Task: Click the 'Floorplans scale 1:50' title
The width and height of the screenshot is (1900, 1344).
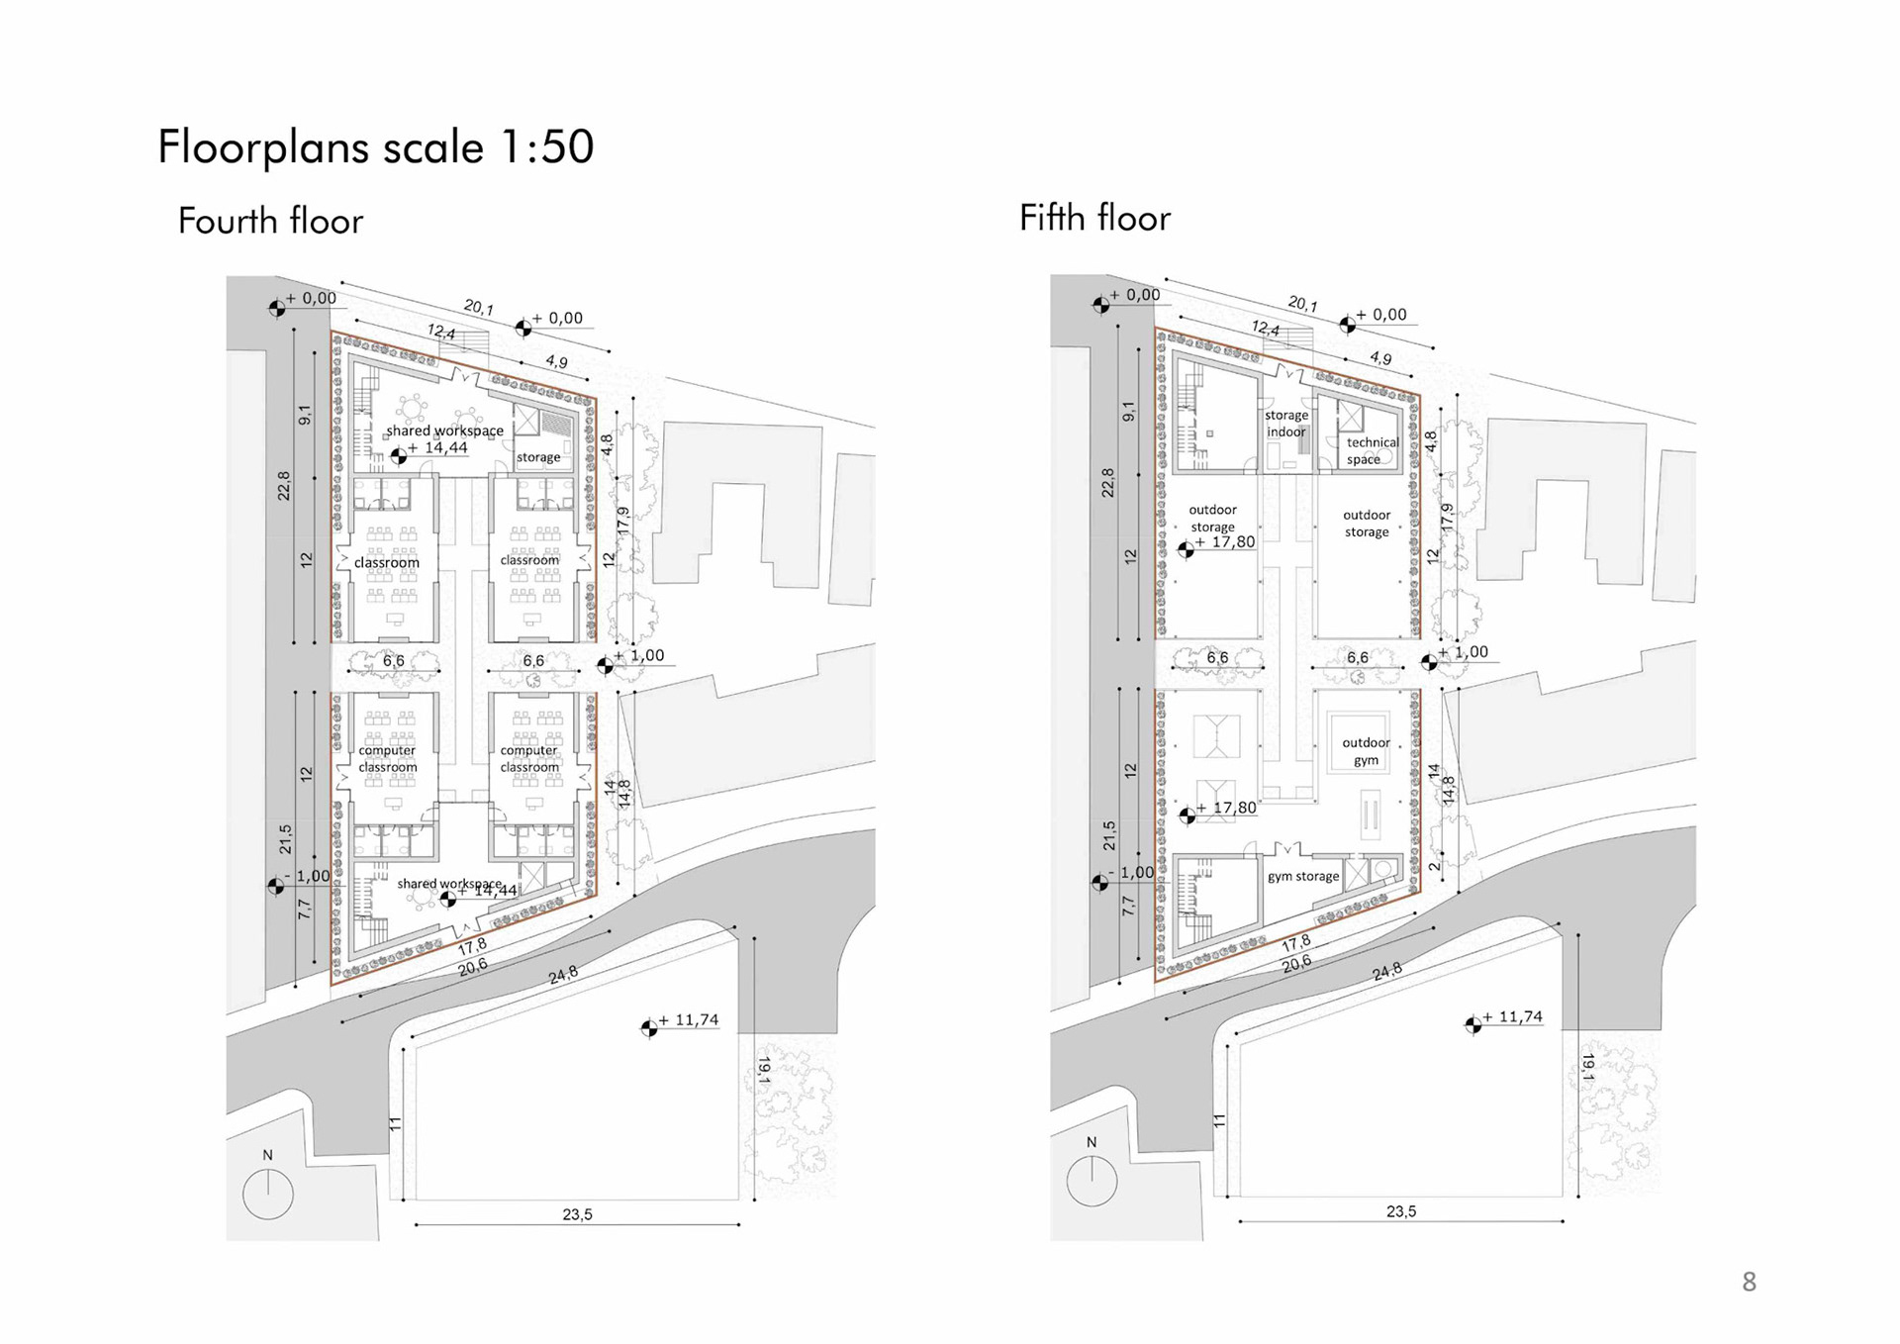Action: pos(376,147)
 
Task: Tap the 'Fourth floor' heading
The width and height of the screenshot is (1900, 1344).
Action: pos(270,221)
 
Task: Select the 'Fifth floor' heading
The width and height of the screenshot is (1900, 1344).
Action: pos(1094,218)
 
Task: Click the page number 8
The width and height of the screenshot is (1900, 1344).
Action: pos(1749,1283)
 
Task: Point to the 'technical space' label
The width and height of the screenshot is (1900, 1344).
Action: pos(1372,451)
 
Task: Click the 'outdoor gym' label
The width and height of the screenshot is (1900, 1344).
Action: pos(1367,751)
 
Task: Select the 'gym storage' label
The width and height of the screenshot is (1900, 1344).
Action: pos(1303,877)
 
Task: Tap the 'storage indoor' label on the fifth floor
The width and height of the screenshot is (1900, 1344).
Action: pos(1286,424)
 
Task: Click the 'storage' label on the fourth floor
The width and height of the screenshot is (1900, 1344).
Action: pos(538,457)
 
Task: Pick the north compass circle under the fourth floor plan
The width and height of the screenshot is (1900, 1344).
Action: pos(268,1194)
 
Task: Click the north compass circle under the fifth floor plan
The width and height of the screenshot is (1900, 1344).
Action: pos(1092,1181)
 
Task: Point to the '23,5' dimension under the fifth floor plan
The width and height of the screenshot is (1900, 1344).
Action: pos(1401,1211)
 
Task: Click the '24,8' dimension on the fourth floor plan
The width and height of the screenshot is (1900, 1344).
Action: pos(563,975)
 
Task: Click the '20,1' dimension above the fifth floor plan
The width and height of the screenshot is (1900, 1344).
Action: pos(1303,304)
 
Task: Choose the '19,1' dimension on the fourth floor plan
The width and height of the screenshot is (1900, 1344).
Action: pos(764,1070)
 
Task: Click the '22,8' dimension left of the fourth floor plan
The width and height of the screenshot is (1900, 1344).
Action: pos(284,485)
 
